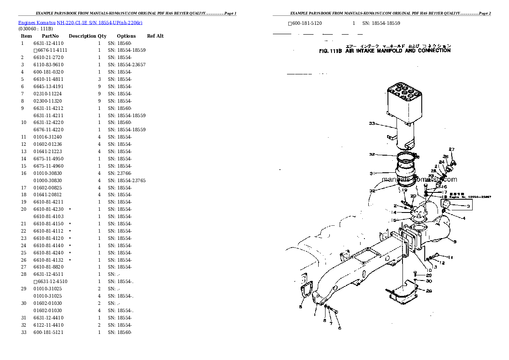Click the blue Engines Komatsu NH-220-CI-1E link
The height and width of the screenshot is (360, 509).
pos(80,22)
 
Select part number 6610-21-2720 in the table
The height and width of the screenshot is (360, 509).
pos(48,57)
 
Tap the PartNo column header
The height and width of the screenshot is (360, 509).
pos(50,36)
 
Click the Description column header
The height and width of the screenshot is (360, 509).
pos(82,36)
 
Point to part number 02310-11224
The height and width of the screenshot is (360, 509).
pos(47,94)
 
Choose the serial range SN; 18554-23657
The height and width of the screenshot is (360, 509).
pos(127,65)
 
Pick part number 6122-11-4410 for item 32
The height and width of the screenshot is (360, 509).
pos(48,325)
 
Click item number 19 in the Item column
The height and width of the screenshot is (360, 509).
pos(24,202)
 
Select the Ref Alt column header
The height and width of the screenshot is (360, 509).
pos(155,36)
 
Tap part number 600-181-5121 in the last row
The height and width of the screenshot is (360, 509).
pos(48,333)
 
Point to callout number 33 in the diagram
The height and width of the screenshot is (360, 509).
pos(372,124)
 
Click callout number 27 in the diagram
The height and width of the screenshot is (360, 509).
pos(451,149)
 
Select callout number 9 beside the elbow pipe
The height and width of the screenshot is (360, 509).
pos(455,242)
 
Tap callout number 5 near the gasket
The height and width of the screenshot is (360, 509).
pos(301,307)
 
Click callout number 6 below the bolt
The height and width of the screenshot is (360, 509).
pos(340,328)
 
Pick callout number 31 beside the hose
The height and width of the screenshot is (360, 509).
pos(372,174)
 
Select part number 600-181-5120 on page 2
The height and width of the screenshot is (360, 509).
pos(307,23)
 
